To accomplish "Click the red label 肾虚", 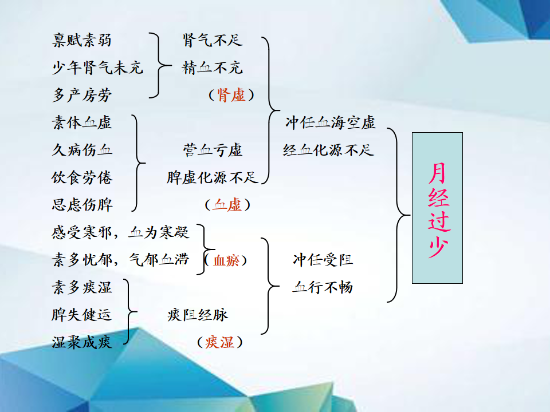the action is [231, 95].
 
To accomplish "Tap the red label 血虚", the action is [227, 205].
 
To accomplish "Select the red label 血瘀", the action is [226, 260].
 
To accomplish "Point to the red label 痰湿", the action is [220, 342].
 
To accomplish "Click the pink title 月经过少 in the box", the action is [438, 209].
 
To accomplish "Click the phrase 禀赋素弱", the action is [82, 40].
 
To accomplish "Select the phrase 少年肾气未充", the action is [97, 68].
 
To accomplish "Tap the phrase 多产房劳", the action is [82, 95].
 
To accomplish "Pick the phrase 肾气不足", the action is [213, 40].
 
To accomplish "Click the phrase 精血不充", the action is [212, 68].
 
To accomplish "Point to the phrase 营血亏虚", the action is [213, 150].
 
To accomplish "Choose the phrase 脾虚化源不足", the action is [212, 177].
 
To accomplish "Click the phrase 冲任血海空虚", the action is [331, 122].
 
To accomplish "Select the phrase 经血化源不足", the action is [328, 150].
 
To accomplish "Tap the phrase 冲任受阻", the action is [323, 260].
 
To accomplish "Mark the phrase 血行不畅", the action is [323, 287].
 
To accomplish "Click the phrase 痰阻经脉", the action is [198, 315].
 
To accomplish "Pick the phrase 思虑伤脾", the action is [82, 205].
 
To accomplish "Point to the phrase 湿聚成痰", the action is [82, 342].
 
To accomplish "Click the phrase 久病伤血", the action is [82, 150].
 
